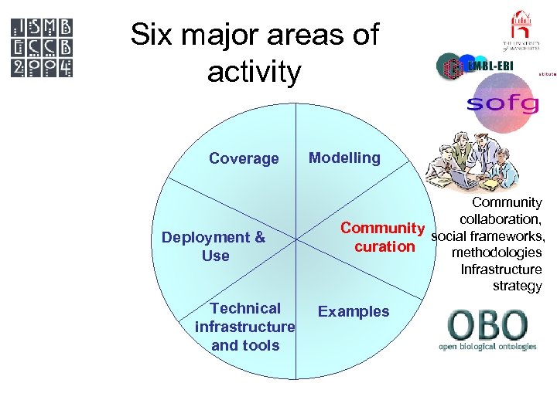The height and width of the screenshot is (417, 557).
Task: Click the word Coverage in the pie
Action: click(x=244, y=158)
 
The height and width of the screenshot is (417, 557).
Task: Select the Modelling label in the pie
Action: click(x=344, y=158)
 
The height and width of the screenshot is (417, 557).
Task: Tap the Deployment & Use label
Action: click(x=214, y=246)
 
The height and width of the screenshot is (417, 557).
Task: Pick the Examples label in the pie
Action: click(x=354, y=311)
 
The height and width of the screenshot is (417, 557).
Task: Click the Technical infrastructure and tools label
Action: click(x=245, y=327)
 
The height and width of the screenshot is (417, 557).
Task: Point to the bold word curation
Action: click(x=384, y=246)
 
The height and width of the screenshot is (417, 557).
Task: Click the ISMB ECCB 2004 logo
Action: click(x=43, y=46)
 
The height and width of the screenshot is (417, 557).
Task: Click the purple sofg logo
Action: click(x=502, y=103)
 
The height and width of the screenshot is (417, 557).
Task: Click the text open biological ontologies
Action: click(x=487, y=347)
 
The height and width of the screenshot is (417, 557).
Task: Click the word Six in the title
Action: click(x=151, y=35)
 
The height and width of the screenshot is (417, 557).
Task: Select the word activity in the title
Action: click(x=255, y=72)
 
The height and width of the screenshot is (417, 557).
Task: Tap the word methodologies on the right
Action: click(x=496, y=253)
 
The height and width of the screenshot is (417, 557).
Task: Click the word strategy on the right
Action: click(x=517, y=286)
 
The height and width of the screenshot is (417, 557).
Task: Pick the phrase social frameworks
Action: click(x=487, y=236)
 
